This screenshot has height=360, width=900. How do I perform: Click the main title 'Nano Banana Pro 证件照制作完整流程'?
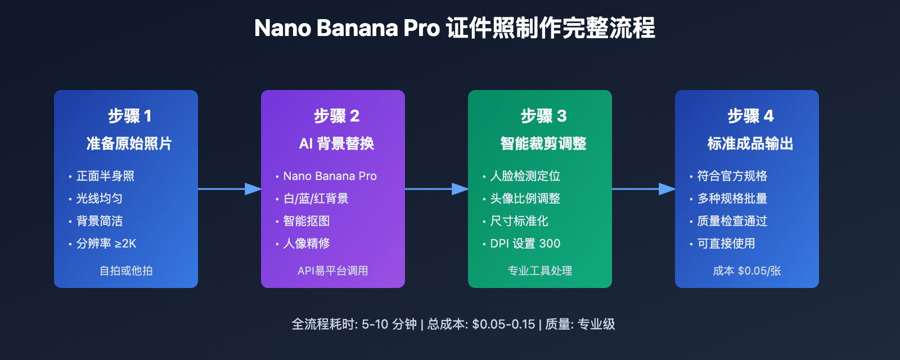(x=454, y=28)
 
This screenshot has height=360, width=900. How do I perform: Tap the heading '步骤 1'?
(x=130, y=116)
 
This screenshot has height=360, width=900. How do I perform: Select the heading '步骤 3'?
(x=543, y=116)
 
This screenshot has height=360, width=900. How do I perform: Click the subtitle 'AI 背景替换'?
(x=336, y=143)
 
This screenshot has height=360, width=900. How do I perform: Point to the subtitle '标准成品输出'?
(x=750, y=143)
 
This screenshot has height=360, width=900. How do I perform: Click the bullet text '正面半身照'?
(x=105, y=176)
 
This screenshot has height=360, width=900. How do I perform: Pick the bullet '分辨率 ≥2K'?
(x=106, y=244)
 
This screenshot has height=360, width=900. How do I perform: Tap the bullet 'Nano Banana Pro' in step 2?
(x=330, y=176)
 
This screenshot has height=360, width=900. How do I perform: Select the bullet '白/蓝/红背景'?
(x=316, y=199)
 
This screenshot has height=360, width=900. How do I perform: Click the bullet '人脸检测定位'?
(x=525, y=176)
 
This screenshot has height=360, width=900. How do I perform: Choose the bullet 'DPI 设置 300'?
(x=525, y=244)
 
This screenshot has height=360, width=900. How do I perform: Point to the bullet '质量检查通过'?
(x=732, y=221)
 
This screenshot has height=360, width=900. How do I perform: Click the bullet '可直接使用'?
(x=726, y=244)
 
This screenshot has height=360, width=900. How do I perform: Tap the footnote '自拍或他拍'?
(x=126, y=271)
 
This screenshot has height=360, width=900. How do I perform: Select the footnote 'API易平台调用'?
(x=332, y=271)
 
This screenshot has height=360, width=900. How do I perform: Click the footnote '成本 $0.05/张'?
(x=746, y=271)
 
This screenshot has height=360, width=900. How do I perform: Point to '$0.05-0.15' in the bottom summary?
(x=503, y=324)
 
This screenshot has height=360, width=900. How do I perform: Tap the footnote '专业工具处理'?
(x=539, y=271)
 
